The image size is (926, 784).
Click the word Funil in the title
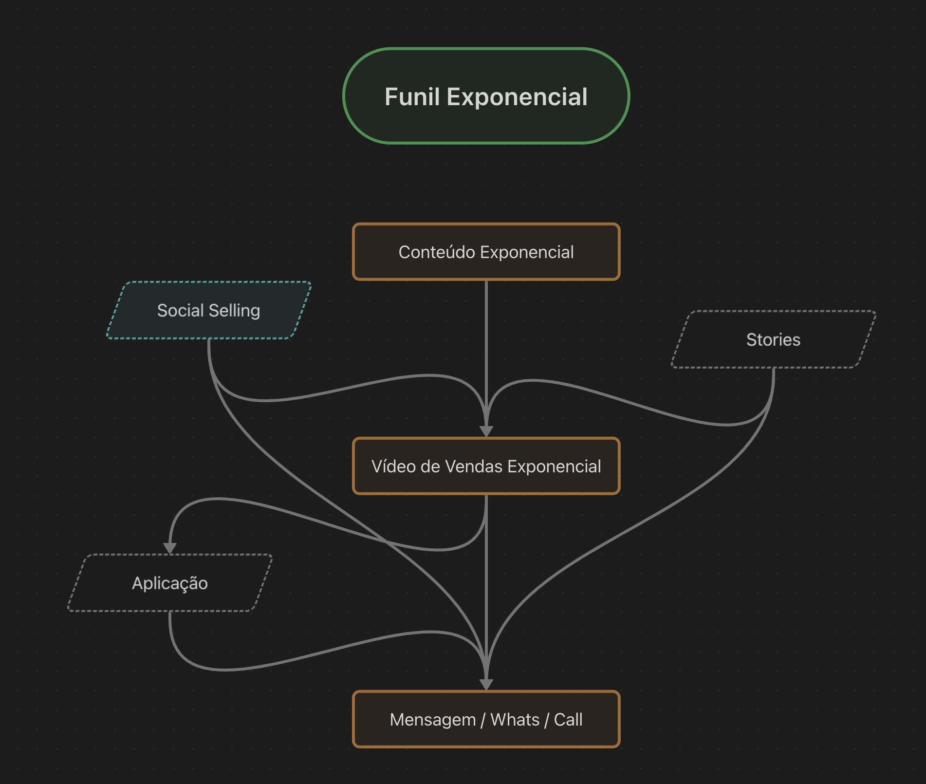pyautogui.click(x=412, y=96)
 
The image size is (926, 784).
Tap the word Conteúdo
pyautogui.click(x=437, y=252)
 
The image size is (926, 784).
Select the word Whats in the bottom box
pyautogui.click(x=515, y=720)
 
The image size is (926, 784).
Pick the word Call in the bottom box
pyautogui.click(x=568, y=720)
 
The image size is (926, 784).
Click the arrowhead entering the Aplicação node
pyautogui.click(x=170, y=548)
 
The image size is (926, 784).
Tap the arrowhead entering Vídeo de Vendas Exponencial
pyautogui.click(x=486, y=431)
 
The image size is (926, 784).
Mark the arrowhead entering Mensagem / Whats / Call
pyautogui.click(x=486, y=685)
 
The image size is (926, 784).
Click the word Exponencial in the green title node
pyautogui.click(x=517, y=96)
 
